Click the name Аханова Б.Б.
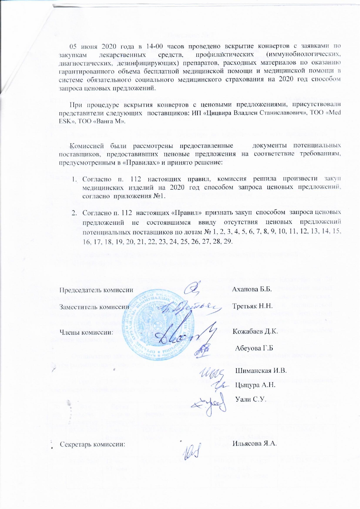(252, 290)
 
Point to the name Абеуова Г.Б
(254, 348)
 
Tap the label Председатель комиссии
(96, 290)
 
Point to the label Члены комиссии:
(86, 332)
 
